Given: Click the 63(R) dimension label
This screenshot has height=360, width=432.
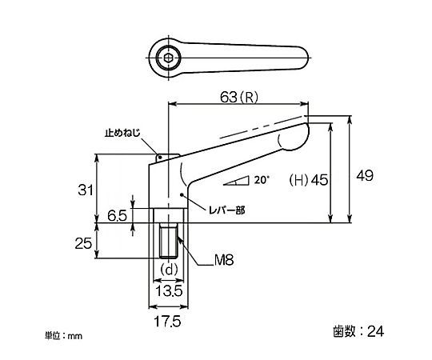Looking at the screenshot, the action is pos(239,97).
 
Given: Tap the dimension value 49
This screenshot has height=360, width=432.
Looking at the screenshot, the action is pos(365,175).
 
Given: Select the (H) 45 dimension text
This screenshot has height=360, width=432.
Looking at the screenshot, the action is pos(309,180).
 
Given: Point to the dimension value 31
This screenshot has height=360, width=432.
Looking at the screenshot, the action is pos(86,190).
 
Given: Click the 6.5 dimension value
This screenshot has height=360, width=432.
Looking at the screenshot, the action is pos(117,216).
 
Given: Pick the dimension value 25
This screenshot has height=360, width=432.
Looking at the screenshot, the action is pos(83,243).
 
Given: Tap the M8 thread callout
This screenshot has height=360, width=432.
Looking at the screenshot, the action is pos(224,260).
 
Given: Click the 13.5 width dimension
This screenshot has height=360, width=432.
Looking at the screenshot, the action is pos(169,291).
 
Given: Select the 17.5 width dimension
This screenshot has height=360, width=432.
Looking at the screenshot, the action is pos(167,321).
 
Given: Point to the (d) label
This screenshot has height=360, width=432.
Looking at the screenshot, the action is pos(169,270).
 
